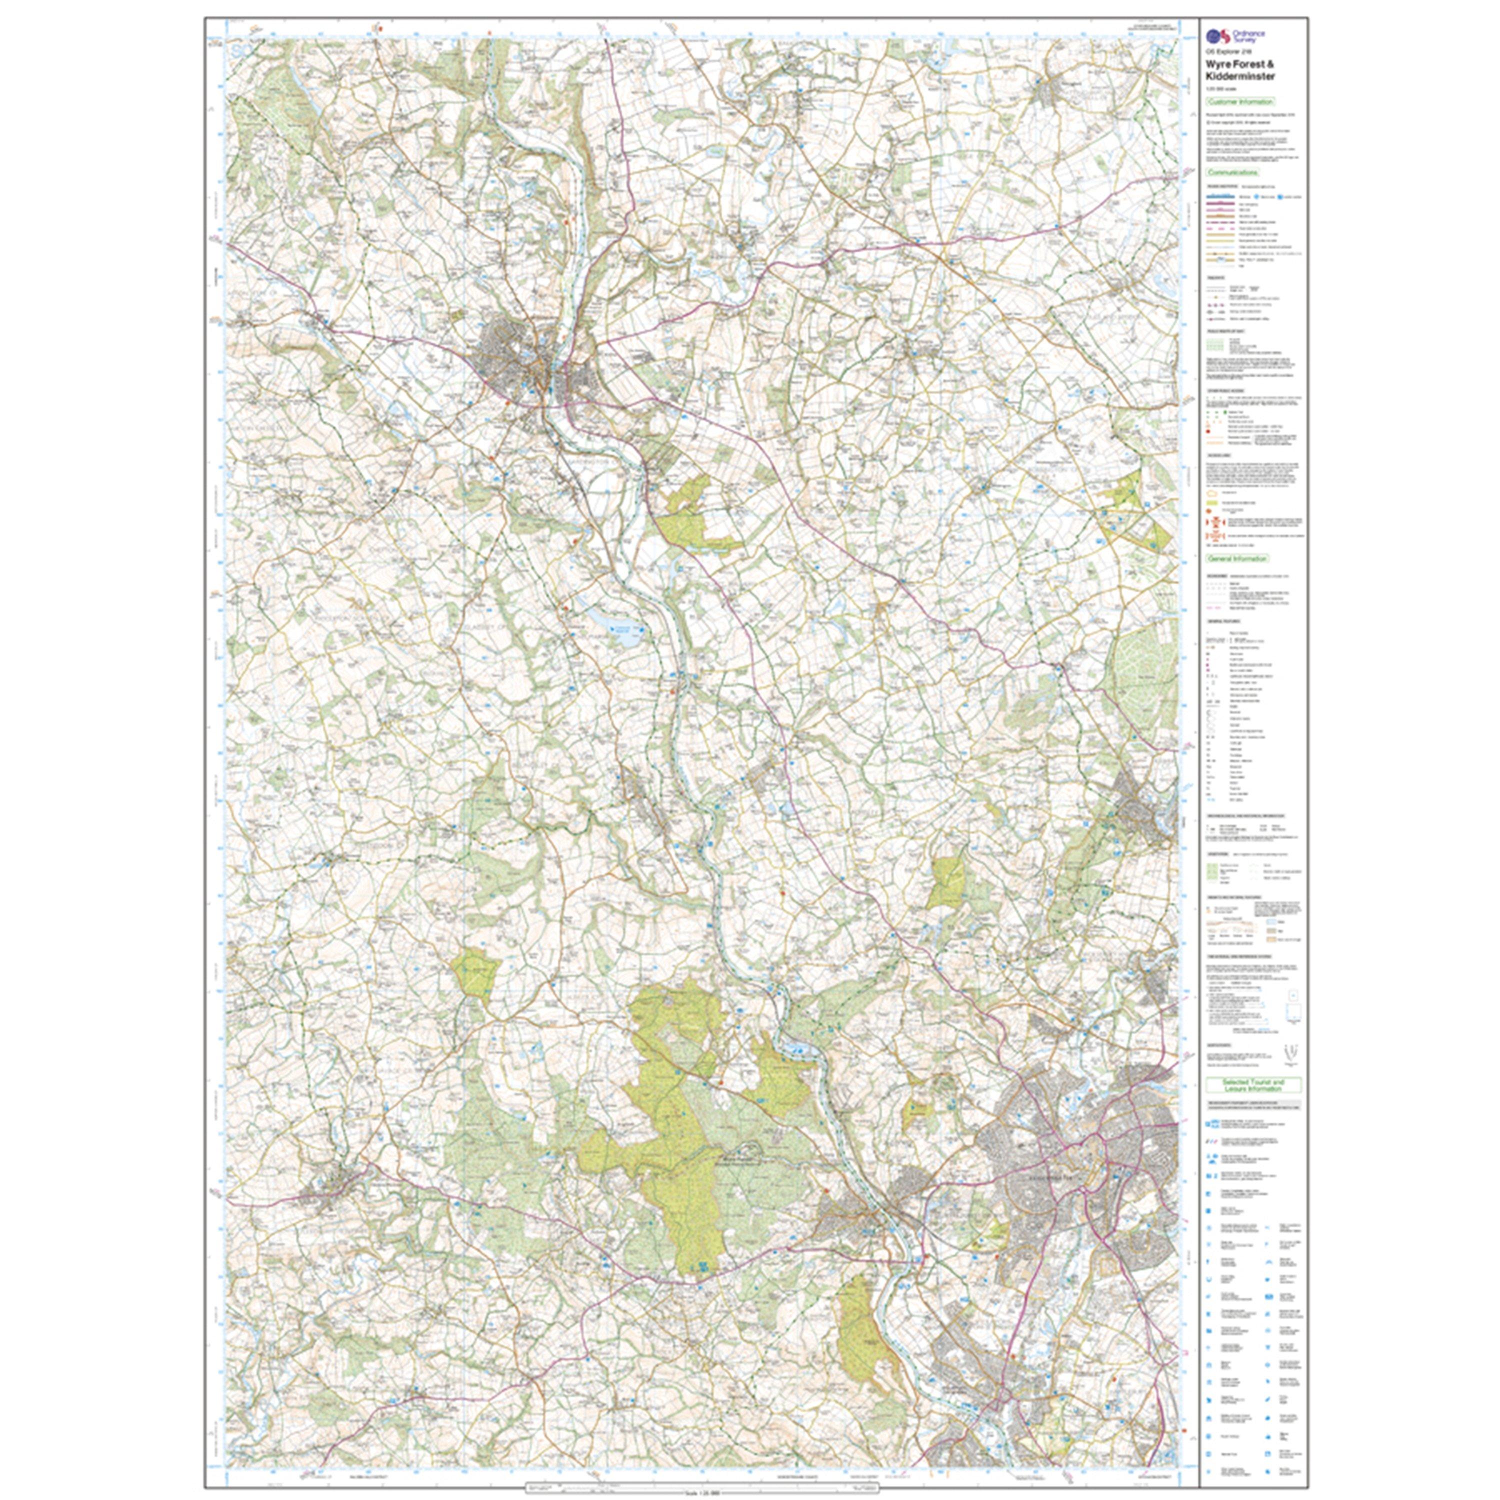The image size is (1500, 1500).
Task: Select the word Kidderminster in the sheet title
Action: tap(1240, 77)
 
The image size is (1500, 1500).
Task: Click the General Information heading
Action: tap(1237, 558)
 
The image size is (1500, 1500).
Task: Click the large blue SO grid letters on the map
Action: tap(241, 49)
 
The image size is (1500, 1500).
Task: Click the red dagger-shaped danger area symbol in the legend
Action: tap(1213, 528)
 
